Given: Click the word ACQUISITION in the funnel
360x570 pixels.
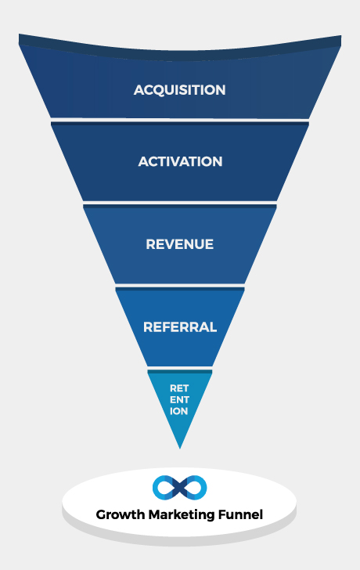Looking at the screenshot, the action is pyautogui.click(x=179, y=90).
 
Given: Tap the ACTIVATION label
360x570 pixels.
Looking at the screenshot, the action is pyautogui.click(x=180, y=162).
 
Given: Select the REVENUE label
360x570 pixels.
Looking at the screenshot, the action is pyautogui.click(x=179, y=244).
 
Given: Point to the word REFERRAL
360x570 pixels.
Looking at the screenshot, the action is pyautogui.click(x=180, y=327).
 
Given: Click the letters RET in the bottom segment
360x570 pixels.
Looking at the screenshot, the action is pyautogui.click(x=179, y=388).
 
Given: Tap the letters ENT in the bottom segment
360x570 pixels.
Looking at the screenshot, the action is pyautogui.click(x=179, y=400).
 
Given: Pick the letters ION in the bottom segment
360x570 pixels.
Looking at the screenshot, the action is pyautogui.click(x=178, y=411).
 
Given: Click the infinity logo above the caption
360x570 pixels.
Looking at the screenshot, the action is pyautogui.click(x=179, y=488).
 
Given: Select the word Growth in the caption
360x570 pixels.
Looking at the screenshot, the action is pyautogui.click(x=121, y=514).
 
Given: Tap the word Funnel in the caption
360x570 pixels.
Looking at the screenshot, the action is pyautogui.click(x=240, y=514).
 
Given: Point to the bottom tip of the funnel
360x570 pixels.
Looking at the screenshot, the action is pyautogui.click(x=180, y=449).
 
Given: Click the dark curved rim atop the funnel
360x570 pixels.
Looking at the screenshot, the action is pyautogui.click(x=180, y=55).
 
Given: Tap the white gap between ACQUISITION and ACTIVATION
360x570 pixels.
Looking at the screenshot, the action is pyautogui.click(x=180, y=121).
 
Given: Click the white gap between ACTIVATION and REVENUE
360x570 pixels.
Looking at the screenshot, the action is pyautogui.click(x=180, y=203).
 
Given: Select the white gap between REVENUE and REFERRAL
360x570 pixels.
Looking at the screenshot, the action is pyautogui.click(x=180, y=286).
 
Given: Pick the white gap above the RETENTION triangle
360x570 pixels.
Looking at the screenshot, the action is pyautogui.click(x=180, y=368).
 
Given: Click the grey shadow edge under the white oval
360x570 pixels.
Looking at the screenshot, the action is pyautogui.click(x=179, y=541).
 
